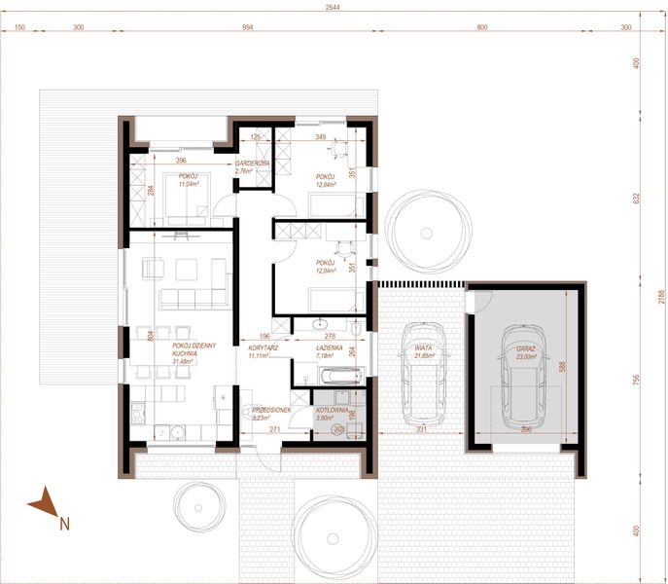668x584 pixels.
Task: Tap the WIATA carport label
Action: pyautogui.click(x=422, y=348)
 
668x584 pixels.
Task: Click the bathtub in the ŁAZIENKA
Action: pyautogui.click(x=329, y=374)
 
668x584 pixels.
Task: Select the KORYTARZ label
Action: pyautogui.click(x=264, y=347)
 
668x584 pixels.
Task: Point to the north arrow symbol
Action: pyautogui.click(x=44, y=506)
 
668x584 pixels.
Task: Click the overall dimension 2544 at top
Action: pyautogui.click(x=334, y=7)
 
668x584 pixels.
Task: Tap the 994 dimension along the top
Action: pyautogui.click(x=247, y=28)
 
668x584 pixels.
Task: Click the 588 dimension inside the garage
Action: pyautogui.click(x=565, y=367)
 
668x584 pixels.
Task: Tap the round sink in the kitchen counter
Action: pyautogui.click(x=179, y=430)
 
